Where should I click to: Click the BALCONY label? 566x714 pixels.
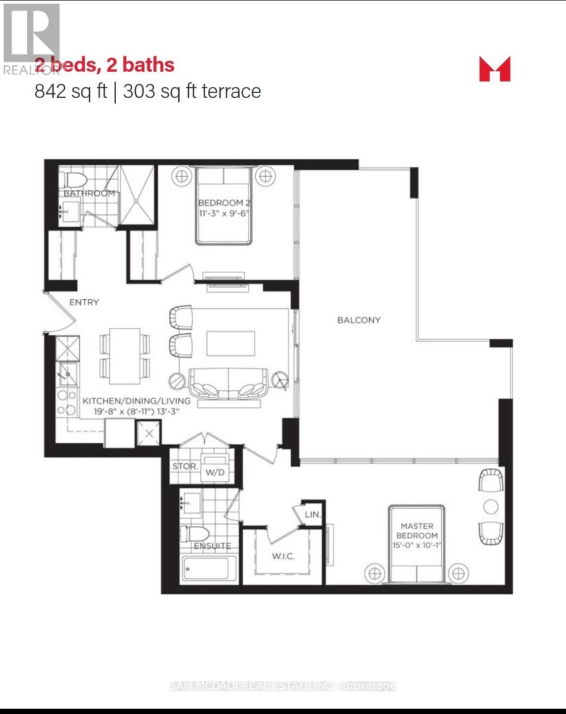point(359,320)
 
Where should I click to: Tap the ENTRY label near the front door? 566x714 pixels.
point(84,302)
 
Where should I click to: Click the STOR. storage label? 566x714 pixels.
point(184,466)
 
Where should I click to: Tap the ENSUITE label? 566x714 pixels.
point(211,545)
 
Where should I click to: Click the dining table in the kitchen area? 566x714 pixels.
point(125,356)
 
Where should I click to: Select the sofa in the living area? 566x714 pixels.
point(229,384)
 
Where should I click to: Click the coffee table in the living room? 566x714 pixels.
point(231,344)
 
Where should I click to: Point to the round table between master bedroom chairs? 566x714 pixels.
point(491,506)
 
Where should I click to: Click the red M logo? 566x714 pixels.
point(495,68)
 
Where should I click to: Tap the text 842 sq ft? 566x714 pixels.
point(70,91)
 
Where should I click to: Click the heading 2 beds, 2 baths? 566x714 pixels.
point(105,64)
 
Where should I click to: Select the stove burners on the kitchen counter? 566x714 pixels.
point(67,402)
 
